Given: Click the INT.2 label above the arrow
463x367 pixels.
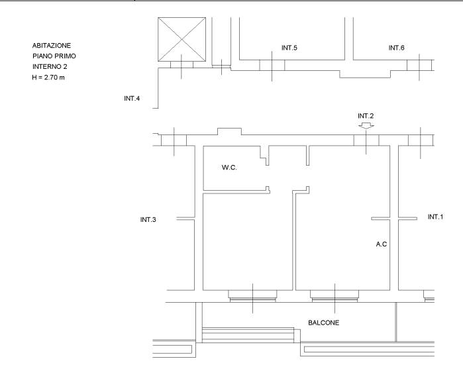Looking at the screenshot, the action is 366,116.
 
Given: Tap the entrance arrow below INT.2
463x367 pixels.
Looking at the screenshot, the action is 366,126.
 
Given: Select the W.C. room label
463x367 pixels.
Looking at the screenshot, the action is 229,168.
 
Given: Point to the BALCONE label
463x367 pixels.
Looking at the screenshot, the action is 324,323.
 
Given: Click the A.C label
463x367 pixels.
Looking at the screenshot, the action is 382,244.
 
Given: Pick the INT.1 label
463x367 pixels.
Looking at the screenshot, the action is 436,217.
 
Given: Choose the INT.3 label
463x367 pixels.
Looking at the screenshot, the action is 148,220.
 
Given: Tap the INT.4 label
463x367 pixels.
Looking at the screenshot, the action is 132,99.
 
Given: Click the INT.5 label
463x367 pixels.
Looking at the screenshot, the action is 289,48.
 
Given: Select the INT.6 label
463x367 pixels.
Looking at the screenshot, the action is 396,48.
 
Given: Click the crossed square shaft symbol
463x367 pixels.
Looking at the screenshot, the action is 182,40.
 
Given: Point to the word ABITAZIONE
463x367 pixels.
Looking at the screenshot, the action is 52,46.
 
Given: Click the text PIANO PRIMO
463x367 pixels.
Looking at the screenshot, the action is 54,56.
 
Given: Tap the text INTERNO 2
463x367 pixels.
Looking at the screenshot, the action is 50,67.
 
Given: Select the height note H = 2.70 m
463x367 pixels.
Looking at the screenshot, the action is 48,78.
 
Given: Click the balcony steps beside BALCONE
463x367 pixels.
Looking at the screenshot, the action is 248,335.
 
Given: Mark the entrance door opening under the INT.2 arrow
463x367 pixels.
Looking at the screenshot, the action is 366,140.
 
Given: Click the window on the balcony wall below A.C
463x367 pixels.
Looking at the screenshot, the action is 334,296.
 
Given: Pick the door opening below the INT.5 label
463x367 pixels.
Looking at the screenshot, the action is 272,65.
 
